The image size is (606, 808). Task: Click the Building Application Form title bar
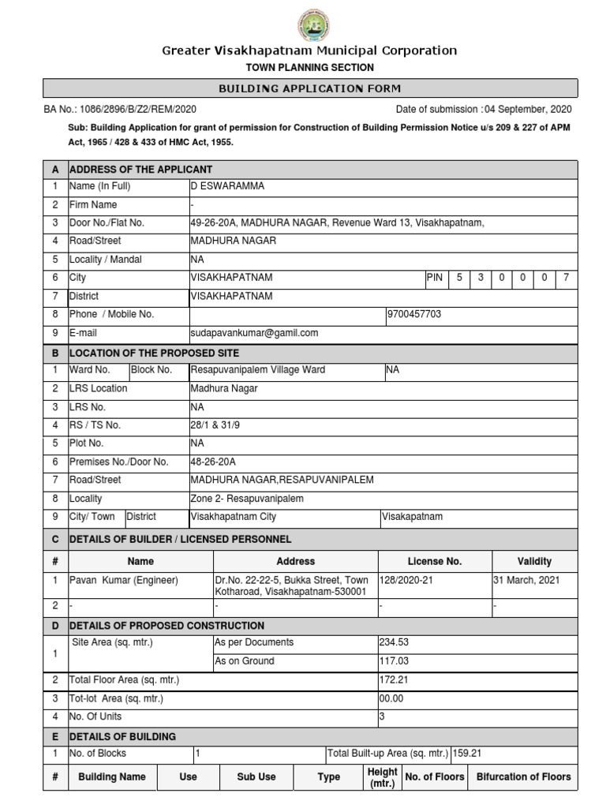tap(309, 88)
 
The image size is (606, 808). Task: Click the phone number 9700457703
tap(414, 314)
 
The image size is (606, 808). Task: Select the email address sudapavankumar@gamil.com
tap(254, 333)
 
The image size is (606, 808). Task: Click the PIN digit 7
tap(566, 278)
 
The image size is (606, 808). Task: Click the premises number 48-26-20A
tap(213, 462)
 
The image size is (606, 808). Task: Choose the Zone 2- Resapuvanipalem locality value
tap(246, 499)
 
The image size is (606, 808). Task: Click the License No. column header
tap(435, 561)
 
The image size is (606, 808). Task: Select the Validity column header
tap(534, 561)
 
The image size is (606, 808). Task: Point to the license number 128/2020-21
tap(407, 580)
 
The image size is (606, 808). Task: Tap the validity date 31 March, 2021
tap(526, 580)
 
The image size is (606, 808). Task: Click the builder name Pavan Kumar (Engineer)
tap(125, 580)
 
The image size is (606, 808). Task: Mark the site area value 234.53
tap(395, 642)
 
